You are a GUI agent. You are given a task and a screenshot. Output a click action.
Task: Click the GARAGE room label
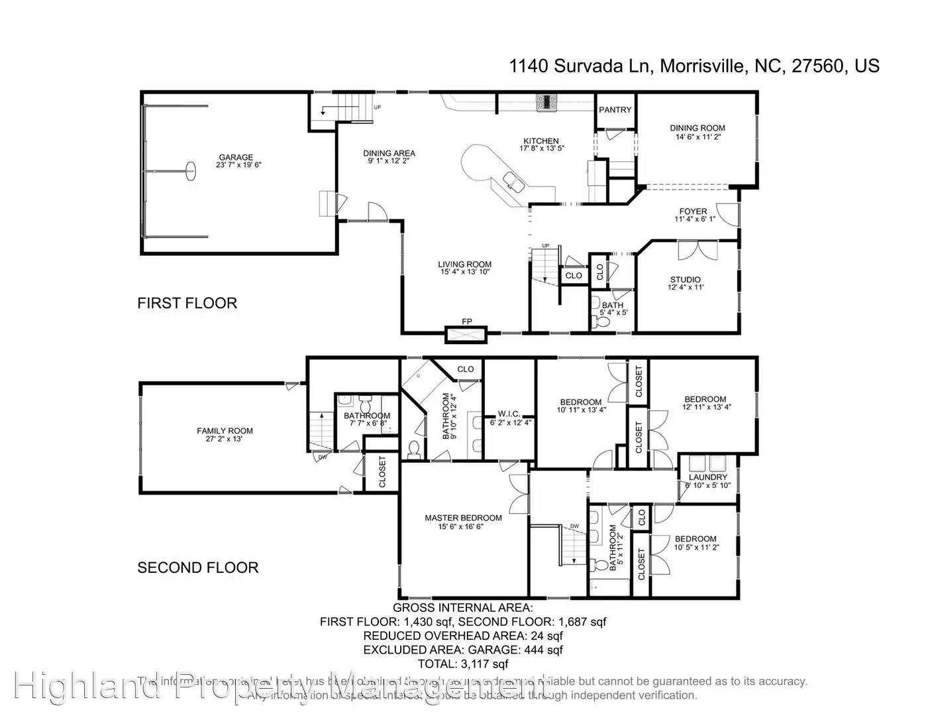[x=235, y=157]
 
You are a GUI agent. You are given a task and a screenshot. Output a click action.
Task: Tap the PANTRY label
[x=615, y=110]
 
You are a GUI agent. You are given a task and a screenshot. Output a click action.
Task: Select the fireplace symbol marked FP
[x=467, y=333]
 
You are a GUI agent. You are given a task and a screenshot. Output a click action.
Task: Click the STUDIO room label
[x=685, y=280]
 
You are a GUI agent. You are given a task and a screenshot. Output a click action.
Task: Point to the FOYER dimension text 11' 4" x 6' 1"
[x=695, y=219]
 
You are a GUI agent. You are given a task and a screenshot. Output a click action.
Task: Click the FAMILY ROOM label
[x=225, y=431]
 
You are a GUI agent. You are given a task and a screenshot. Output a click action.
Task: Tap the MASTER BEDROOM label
[x=463, y=518]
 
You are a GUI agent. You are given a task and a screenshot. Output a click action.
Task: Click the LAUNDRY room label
[x=708, y=477]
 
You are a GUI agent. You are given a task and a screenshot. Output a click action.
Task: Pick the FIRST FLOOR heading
[x=187, y=303]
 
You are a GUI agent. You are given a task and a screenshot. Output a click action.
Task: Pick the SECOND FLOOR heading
[x=197, y=567]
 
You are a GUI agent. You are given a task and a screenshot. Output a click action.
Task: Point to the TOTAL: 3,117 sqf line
[x=463, y=664]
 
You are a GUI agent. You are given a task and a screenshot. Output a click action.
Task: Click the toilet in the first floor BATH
[x=603, y=322]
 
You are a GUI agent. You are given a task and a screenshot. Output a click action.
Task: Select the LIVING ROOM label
[x=464, y=264]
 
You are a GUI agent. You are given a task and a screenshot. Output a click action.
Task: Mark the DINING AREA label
[x=389, y=153]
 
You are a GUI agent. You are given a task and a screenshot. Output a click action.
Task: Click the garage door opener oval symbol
[x=191, y=170]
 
